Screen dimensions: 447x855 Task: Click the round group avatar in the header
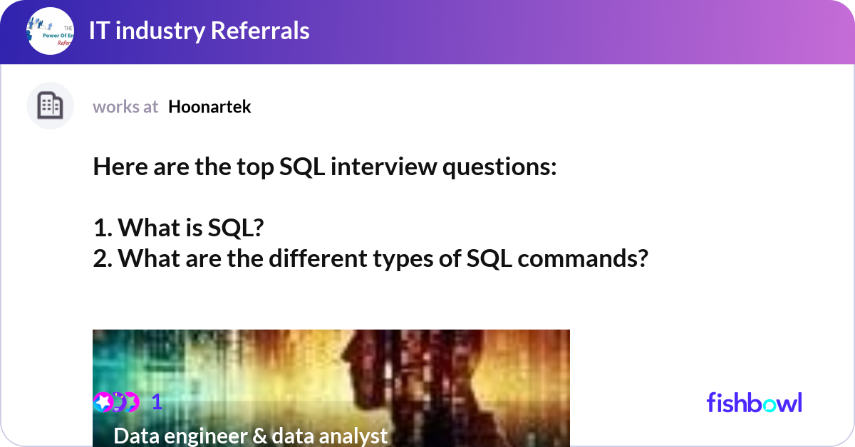[50, 31]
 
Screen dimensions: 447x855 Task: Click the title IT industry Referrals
[199, 31]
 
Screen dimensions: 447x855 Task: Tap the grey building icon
[50, 106]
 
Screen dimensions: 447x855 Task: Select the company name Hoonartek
[209, 107]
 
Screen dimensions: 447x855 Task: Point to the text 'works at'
[125, 107]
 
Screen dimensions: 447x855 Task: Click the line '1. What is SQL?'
[179, 228]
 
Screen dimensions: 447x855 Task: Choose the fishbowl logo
[754, 403]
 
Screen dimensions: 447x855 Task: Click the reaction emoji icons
[116, 402]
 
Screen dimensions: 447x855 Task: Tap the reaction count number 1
[157, 403]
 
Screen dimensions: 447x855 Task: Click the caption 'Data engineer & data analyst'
[250, 436]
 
